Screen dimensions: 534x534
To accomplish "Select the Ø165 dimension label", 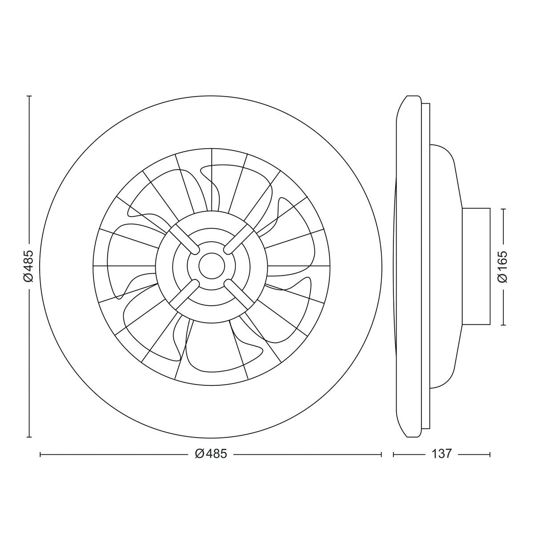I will point(503,266).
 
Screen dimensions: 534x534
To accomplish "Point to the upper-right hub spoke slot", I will point(238,239).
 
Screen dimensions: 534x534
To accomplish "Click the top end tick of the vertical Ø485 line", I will point(29,96).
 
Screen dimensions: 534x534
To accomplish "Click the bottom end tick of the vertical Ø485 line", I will point(29,437).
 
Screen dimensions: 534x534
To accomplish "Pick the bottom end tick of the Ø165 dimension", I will point(503,324).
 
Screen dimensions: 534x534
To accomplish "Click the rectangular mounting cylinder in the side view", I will point(476,266).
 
